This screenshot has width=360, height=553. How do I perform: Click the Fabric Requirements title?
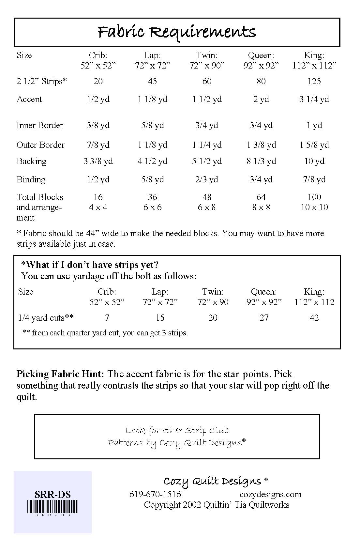[x=177, y=32]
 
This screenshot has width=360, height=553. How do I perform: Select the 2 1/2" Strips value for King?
[x=314, y=81]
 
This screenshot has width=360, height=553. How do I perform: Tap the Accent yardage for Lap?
[x=152, y=99]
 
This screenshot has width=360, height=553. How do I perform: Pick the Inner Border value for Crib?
[x=98, y=125]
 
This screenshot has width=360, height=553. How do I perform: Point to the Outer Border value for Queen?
[x=261, y=145]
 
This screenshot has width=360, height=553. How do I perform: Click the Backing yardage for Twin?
[x=207, y=161]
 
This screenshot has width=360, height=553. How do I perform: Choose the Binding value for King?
[x=314, y=179]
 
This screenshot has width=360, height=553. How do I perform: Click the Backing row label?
[x=31, y=161]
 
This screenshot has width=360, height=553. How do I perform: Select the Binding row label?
[x=31, y=179]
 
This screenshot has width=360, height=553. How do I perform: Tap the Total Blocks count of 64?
[x=261, y=197]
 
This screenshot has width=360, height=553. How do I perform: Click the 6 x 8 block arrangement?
[x=207, y=207]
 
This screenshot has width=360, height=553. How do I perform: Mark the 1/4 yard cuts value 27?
[x=264, y=318]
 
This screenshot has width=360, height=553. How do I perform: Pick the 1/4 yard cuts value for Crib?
[x=107, y=318]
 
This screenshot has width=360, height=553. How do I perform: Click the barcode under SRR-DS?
[x=53, y=508]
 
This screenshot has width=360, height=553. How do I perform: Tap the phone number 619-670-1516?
[x=155, y=494]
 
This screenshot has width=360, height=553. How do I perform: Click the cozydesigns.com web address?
[x=270, y=494]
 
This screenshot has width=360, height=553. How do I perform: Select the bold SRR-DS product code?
[x=53, y=495]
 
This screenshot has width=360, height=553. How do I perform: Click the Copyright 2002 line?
[x=217, y=505]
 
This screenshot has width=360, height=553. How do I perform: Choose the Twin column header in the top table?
[x=207, y=55]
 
